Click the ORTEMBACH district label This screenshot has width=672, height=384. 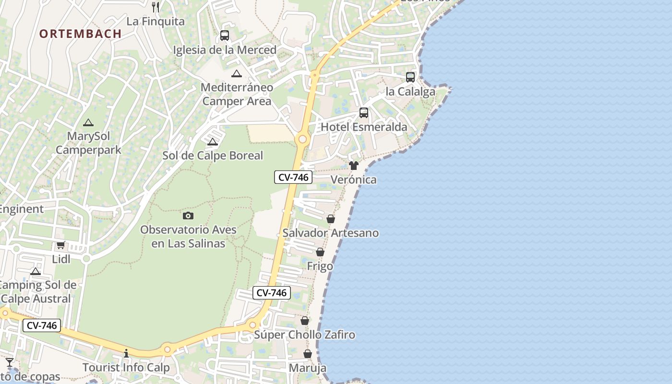click(80, 34)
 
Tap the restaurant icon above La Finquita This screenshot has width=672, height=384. click(155, 7)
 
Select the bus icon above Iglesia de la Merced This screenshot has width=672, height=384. click(225, 35)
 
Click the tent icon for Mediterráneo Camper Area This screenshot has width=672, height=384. click(236, 73)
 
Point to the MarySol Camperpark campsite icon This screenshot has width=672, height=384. click(88, 122)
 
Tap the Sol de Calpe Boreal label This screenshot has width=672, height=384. click(213, 156)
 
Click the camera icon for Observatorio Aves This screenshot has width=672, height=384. click(188, 216)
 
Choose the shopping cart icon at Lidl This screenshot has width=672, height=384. click(61, 245)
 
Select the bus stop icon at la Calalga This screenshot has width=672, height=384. click(410, 77)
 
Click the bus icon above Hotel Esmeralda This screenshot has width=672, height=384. click(364, 113)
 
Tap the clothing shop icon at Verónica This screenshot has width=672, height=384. click(354, 166)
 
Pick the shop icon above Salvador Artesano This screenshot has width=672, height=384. click(331, 219)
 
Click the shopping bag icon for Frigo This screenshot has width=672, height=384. click(320, 252)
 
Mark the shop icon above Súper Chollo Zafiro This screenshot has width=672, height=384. click(305, 320)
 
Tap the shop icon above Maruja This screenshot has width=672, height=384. click(308, 354)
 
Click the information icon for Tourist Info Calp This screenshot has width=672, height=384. click(126, 353)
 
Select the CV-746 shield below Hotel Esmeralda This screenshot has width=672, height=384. click(293, 177)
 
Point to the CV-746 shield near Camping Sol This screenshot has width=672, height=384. click(42, 325)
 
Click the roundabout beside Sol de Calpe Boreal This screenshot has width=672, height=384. click(302, 140)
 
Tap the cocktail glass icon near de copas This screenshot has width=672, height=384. click(10, 362)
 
